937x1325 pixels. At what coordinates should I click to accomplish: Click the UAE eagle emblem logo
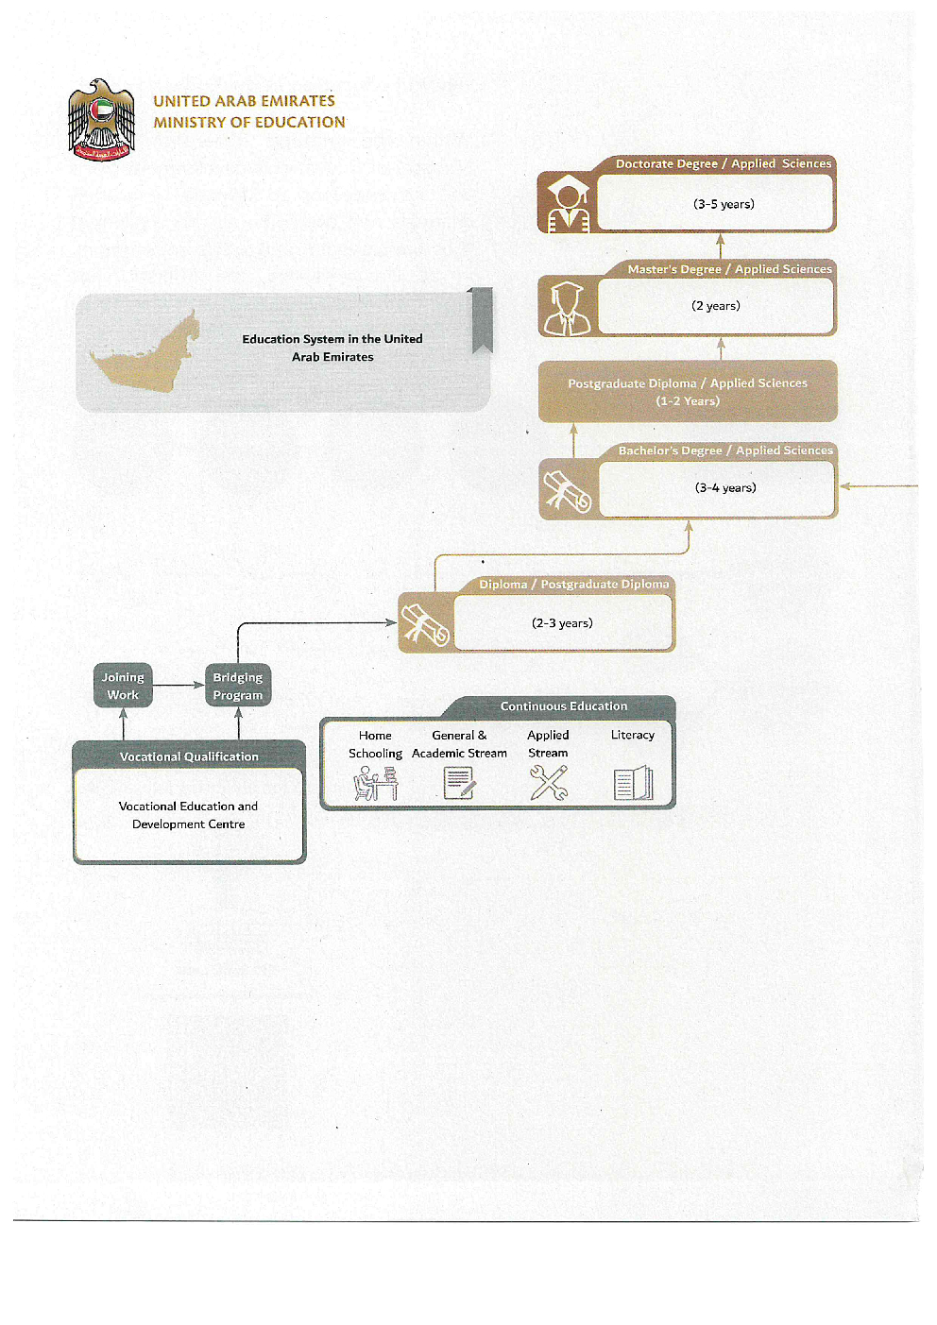(101, 120)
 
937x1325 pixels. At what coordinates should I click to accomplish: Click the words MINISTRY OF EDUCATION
(249, 122)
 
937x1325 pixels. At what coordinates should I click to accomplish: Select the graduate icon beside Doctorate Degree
(567, 202)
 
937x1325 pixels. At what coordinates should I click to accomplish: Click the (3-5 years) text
(724, 204)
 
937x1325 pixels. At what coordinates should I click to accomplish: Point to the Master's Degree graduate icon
(567, 307)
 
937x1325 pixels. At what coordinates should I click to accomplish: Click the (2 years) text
(716, 306)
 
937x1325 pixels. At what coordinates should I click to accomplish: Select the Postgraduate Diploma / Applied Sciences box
(688, 391)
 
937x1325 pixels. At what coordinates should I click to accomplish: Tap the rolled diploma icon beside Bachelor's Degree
(567, 489)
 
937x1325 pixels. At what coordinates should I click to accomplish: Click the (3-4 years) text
(725, 488)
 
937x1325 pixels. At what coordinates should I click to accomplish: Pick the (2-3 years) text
(562, 623)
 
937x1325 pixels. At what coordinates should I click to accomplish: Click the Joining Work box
(123, 686)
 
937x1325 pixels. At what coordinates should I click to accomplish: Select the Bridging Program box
(238, 686)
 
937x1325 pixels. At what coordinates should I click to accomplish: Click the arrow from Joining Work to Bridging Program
(179, 685)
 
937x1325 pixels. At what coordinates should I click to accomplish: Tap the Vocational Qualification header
(189, 756)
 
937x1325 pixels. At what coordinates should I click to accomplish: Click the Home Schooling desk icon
(375, 783)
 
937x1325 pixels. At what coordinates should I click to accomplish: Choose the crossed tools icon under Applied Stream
(549, 783)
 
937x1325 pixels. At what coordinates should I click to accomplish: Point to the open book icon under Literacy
(633, 783)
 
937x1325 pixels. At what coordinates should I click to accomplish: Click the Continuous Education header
(564, 706)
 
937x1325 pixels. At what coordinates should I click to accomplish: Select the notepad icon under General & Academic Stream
(460, 783)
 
